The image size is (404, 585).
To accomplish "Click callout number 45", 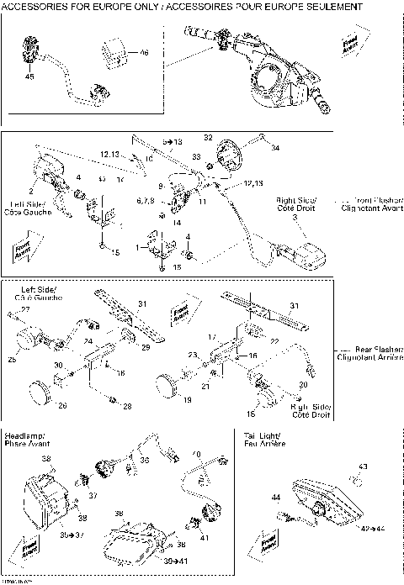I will tap(30, 77).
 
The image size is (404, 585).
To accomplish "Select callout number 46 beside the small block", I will tap(144, 52).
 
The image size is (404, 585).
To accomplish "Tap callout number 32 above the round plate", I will tap(208, 136).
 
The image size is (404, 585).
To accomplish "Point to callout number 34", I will tap(273, 147).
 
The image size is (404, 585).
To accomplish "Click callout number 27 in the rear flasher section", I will tap(24, 310).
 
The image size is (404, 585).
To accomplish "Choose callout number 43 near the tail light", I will tap(363, 466).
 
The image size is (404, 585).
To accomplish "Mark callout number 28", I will tap(128, 406).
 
